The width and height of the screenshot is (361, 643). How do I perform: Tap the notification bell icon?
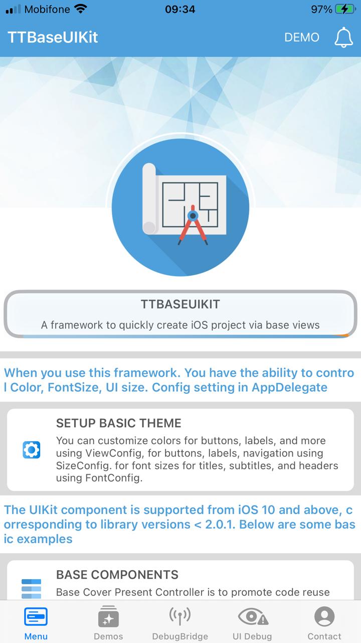343,38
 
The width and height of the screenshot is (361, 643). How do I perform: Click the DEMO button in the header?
301,38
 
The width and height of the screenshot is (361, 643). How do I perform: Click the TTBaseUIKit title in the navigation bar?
53,38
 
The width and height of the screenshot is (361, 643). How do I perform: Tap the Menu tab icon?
36,616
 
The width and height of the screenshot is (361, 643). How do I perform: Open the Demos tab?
108,616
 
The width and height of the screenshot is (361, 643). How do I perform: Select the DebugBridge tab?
180,616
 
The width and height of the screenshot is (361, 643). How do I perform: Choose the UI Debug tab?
252,616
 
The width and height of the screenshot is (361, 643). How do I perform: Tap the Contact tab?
324,616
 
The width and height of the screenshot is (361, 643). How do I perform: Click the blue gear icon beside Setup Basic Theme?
32,449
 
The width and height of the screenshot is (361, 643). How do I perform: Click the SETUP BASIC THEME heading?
119,423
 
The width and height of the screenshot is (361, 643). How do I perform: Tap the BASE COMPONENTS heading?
117,575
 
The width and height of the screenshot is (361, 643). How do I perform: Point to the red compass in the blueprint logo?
193,225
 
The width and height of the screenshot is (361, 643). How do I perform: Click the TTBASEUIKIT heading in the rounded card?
180,304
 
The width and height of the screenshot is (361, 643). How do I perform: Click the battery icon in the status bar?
345,9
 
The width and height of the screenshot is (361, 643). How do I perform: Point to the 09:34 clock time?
180,9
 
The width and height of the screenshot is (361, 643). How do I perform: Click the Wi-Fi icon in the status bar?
80,9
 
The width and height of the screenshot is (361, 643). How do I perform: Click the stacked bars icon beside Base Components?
32,589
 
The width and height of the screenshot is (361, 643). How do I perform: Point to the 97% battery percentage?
321,9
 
